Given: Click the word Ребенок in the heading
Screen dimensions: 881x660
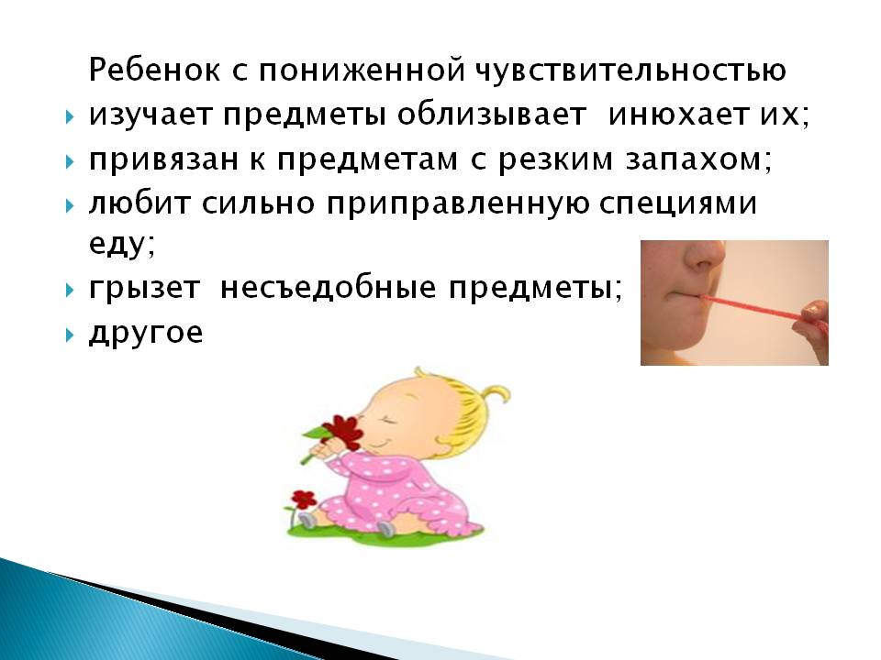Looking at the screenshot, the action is pos(154,71).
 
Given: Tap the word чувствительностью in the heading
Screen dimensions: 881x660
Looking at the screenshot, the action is pos(631,71).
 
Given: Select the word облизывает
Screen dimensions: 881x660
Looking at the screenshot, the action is pos(492,115).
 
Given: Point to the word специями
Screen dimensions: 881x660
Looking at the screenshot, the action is pos(678,203).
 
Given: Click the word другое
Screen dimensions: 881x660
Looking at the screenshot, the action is pos(146,334).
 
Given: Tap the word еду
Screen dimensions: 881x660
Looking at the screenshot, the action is pos(121,244).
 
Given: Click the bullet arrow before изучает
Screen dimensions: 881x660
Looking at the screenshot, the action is pos(70,117).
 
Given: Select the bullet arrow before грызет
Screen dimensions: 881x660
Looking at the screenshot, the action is pos(70,291).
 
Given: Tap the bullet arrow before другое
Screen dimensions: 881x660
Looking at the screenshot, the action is pos(70,335).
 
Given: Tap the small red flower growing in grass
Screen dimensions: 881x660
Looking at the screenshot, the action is pos(304,499).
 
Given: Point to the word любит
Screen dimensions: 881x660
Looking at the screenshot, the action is pos(139,203).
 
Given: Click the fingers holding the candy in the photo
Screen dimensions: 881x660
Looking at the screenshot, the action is pos(816,315).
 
